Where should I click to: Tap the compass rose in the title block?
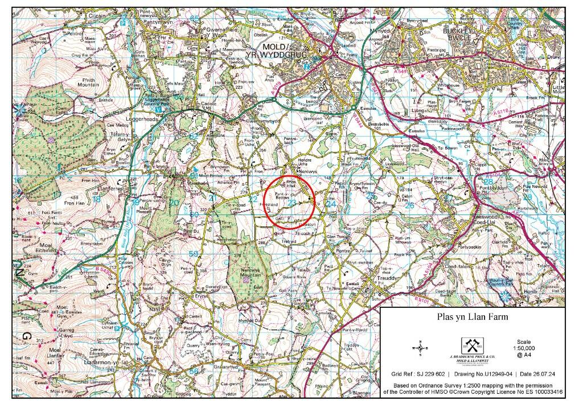420,347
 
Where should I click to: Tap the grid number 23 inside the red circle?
291,203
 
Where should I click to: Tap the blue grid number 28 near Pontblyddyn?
488,181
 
